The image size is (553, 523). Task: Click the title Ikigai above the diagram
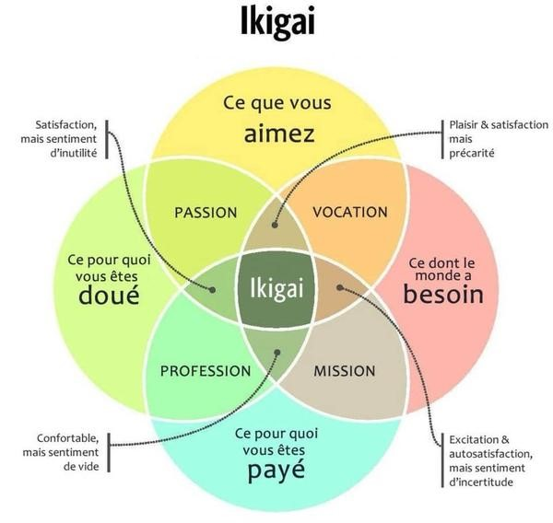pos(277,21)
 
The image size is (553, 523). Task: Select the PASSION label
pos(206,213)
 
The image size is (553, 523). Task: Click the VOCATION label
pos(350,212)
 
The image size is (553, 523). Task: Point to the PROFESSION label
pos(206,371)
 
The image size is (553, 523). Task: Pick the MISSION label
pos(345,371)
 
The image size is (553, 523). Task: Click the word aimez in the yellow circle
pos(279,134)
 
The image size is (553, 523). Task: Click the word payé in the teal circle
pos(276,471)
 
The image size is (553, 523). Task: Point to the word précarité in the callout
pos(472,152)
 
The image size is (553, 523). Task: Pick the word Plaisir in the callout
pos(466,123)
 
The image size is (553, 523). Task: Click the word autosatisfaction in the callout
pos(489,454)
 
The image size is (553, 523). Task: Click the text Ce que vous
pos(276,103)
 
